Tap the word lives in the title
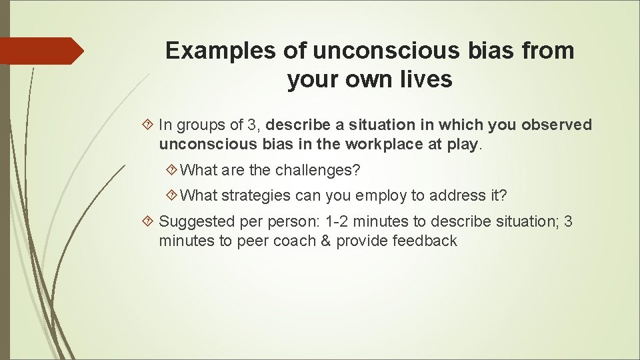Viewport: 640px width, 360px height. (424, 80)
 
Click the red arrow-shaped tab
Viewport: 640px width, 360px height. (41, 51)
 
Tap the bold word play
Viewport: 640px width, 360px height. (464, 144)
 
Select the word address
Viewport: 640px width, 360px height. (454, 196)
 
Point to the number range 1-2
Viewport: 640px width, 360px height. (333, 221)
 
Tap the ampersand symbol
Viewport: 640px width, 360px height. (325, 241)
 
